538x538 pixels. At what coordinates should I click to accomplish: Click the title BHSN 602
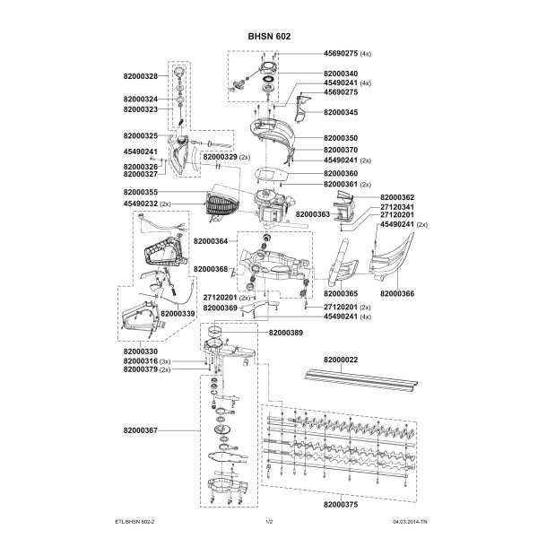tap(269, 37)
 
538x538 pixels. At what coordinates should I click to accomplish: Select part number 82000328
tap(141, 76)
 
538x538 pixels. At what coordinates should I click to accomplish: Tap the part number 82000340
tap(341, 74)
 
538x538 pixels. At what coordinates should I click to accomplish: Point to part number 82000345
tap(341, 112)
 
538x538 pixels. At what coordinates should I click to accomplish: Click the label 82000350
tap(341, 138)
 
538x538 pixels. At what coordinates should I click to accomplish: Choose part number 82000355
tap(141, 192)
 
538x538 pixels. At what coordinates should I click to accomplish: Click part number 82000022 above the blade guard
tap(341, 360)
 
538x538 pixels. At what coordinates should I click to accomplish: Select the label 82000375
tap(341, 504)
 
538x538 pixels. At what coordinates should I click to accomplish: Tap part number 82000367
tap(141, 430)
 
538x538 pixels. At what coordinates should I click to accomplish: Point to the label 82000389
tap(286, 333)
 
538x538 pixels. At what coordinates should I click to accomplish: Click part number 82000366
tap(397, 293)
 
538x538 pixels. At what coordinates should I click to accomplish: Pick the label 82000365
tap(341, 293)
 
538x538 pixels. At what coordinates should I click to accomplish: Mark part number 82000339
tap(178, 314)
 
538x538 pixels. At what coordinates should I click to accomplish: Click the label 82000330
tap(141, 351)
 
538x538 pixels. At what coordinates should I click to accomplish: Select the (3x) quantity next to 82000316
tap(165, 361)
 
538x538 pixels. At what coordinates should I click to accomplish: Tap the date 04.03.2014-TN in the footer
tap(410, 522)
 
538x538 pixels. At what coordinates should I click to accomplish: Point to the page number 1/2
tap(269, 522)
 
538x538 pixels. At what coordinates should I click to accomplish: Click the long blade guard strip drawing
tap(361, 380)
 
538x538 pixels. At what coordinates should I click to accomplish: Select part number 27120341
tap(397, 207)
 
